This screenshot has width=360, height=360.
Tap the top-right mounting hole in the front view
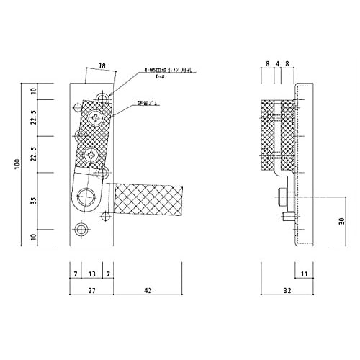(x=105, y=96)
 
